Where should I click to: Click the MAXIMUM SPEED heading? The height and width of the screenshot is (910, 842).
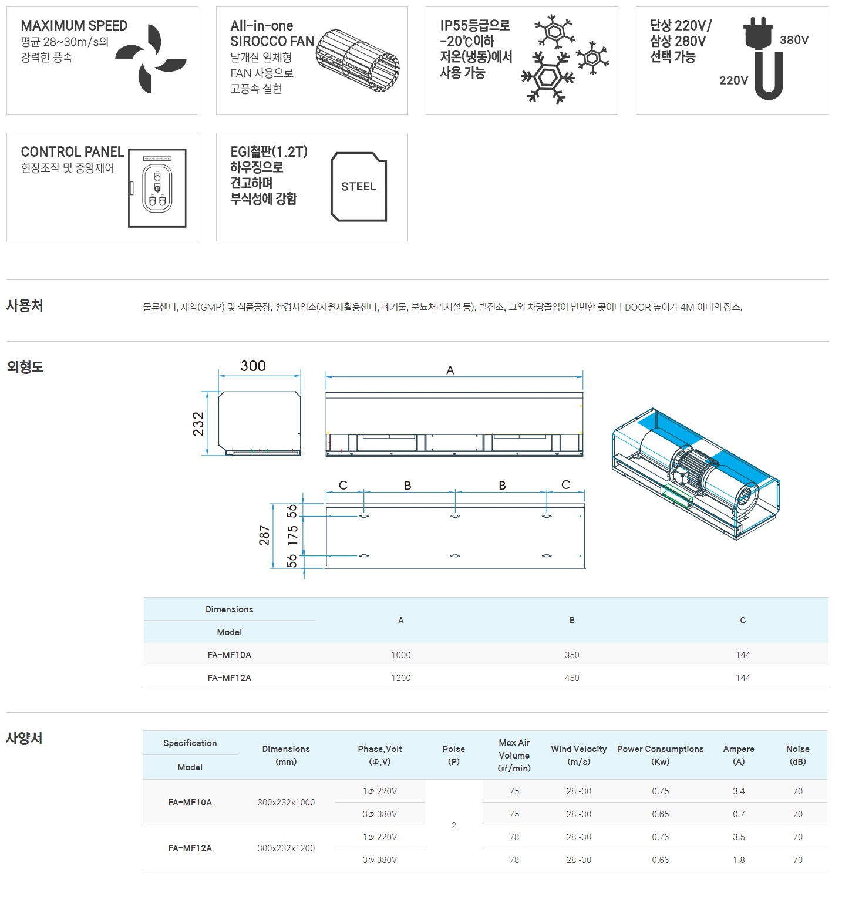click(74, 26)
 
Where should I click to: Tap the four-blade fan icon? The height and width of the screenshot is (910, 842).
click(151, 59)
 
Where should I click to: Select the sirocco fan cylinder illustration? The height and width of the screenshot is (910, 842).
click(358, 60)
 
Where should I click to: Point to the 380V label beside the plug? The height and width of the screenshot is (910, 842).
click(794, 40)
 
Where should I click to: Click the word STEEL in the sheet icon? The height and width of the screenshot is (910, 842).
click(358, 187)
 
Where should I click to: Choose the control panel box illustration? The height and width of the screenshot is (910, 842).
click(157, 188)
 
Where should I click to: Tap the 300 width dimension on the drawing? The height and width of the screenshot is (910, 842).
click(253, 366)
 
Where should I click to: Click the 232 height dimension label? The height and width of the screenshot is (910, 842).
click(198, 424)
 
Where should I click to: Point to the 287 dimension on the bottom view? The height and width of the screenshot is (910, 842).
click(264, 535)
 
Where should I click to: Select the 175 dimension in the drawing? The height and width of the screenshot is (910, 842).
click(292, 535)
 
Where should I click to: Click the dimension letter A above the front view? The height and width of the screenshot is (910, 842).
click(450, 370)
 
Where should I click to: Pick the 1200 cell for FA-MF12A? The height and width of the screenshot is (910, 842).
click(401, 678)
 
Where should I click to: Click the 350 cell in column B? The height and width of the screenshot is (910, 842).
click(572, 655)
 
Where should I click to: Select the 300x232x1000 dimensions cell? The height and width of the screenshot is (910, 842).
click(286, 803)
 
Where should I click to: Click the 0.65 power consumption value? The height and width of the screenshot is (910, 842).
click(661, 814)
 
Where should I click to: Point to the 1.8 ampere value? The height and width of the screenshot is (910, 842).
click(739, 860)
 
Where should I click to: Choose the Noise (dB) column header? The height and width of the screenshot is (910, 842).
click(798, 756)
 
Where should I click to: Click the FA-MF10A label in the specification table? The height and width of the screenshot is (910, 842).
click(190, 803)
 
